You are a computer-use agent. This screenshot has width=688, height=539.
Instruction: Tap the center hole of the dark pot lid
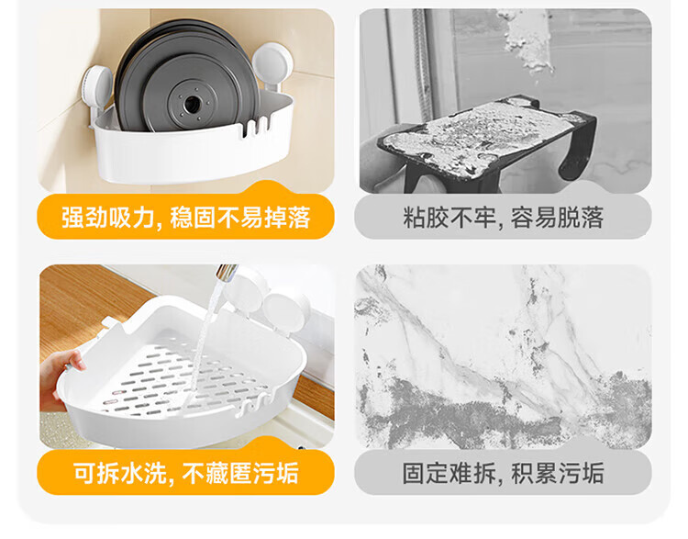(x=192, y=105)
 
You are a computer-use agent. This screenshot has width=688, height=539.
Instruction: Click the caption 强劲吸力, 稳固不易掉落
(x=185, y=217)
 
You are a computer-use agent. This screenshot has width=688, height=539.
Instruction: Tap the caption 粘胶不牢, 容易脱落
(x=504, y=217)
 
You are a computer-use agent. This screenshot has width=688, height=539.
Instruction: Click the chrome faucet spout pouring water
(x=226, y=275)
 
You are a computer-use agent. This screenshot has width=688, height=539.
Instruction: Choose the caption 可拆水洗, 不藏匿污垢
(x=185, y=473)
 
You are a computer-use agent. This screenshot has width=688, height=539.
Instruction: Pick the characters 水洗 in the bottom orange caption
(x=143, y=473)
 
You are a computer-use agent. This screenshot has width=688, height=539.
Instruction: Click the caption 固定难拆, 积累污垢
(x=504, y=473)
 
